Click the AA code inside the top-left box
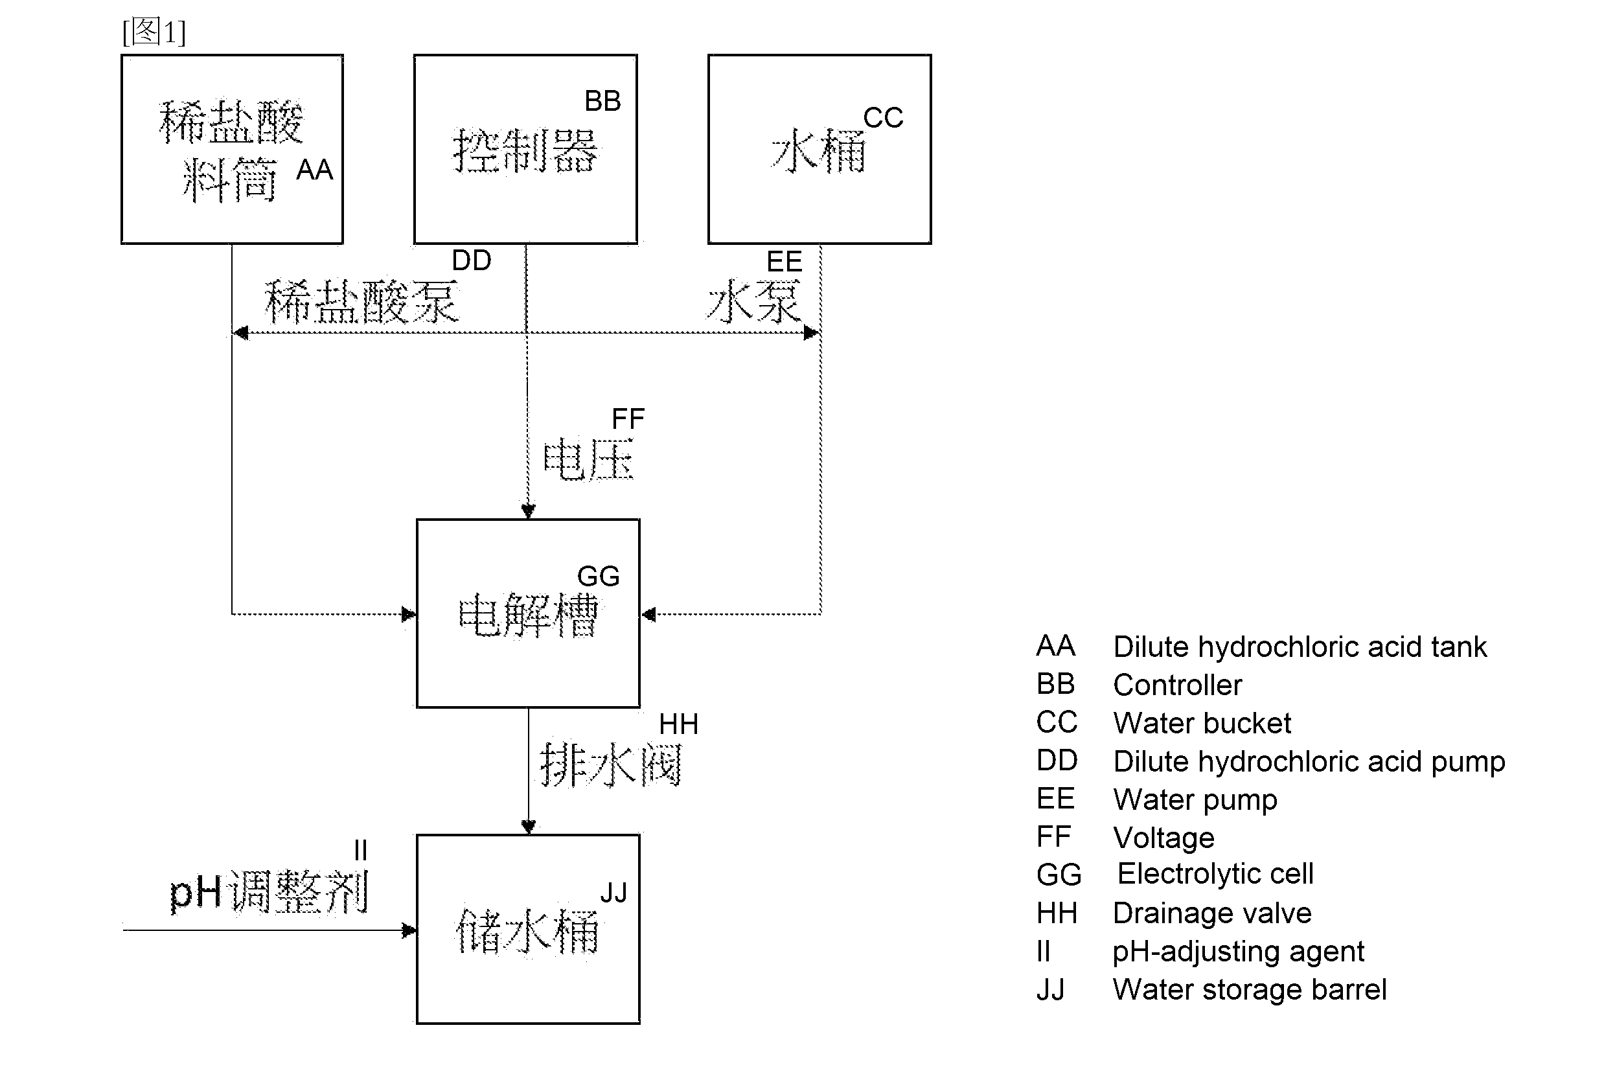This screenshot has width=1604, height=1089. pyautogui.click(x=315, y=170)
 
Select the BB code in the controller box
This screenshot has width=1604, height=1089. pyautogui.click(x=602, y=101)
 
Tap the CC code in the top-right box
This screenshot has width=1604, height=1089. pyautogui.click(x=883, y=117)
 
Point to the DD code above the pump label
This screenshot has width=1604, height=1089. pyautogui.click(x=472, y=260)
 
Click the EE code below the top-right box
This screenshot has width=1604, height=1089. pyautogui.click(x=784, y=262)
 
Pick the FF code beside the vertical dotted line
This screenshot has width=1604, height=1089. pyautogui.click(x=628, y=419)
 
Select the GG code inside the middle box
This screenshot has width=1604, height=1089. pyautogui.click(x=599, y=577)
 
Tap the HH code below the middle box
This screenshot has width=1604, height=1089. pyautogui.click(x=678, y=725)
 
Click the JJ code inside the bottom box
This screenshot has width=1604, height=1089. pyautogui.click(x=613, y=893)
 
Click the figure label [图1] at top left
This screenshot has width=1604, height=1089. pyautogui.click(x=154, y=32)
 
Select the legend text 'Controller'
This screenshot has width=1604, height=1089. pyautogui.click(x=1178, y=685)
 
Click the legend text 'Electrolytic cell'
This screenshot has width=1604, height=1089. pyautogui.click(x=1215, y=874)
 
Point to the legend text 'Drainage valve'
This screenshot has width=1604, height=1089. pyautogui.click(x=1213, y=913)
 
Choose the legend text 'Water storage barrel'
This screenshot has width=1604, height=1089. pyautogui.click(x=1250, y=990)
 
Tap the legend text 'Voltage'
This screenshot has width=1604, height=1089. pyautogui.click(x=1164, y=838)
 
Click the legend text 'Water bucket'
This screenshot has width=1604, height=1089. pyautogui.click(x=1202, y=723)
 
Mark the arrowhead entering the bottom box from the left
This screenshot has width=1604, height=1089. pyautogui.click(x=409, y=930)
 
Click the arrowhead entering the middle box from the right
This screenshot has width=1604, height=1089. pyautogui.click(x=648, y=614)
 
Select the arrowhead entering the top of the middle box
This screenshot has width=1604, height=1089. pyautogui.click(x=528, y=511)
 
